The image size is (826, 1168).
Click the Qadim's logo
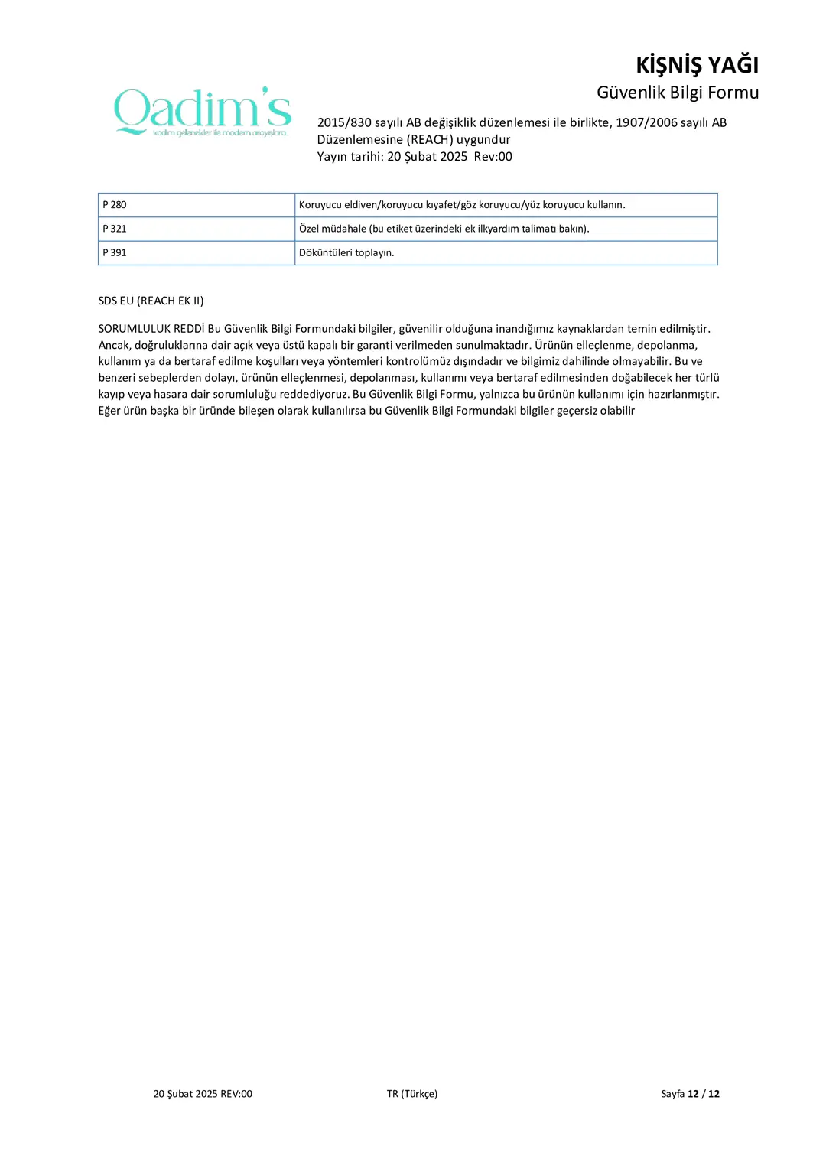[x=203, y=112]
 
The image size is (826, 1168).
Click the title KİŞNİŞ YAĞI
[x=697, y=65]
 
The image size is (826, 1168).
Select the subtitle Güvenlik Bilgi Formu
[x=677, y=93]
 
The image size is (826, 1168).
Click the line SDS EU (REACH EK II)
[x=151, y=301]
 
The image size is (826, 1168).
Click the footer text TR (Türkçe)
[x=411, y=1094]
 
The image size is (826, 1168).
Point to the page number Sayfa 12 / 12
[x=690, y=1094]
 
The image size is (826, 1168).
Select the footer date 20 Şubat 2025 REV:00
[x=203, y=1094]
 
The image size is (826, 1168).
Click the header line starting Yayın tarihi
[x=415, y=157]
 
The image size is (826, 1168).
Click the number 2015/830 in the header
[x=344, y=122]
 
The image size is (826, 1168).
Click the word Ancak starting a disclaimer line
[x=113, y=345]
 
